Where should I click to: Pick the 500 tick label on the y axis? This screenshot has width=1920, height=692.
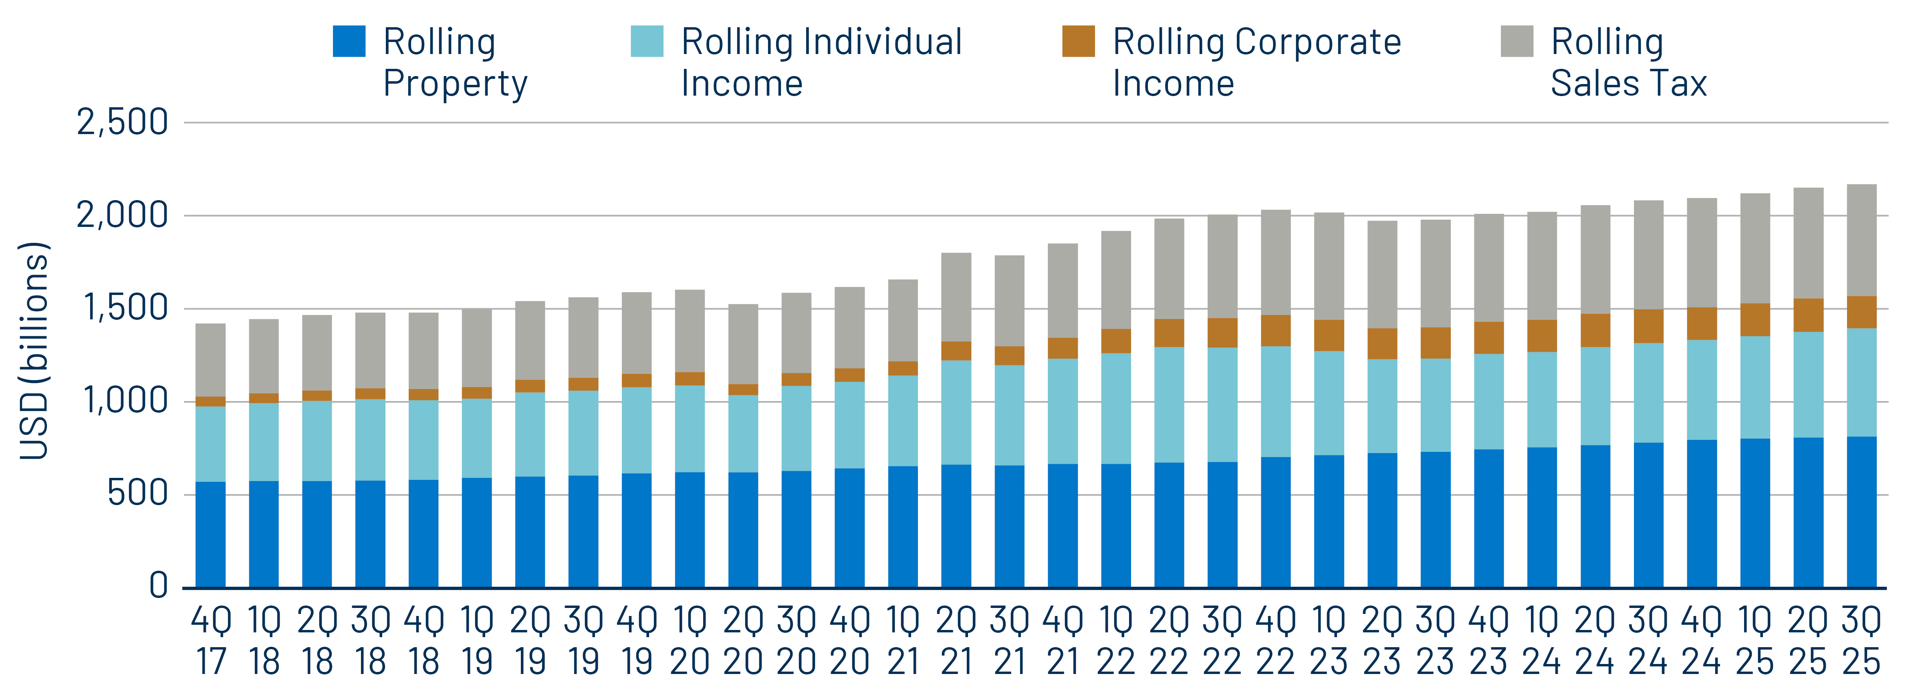pyautogui.click(x=138, y=494)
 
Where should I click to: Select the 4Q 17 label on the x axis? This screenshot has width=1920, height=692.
pyautogui.click(x=211, y=641)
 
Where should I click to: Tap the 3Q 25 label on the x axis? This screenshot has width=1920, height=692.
pyautogui.click(x=1861, y=641)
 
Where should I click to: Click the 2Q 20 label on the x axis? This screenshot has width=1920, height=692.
pyautogui.click(x=743, y=641)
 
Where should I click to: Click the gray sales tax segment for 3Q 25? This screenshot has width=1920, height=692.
pyautogui.click(x=1861, y=240)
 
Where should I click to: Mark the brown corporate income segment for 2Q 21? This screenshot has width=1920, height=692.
pyautogui.click(x=956, y=351)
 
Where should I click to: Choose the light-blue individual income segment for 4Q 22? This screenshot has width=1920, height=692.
pyautogui.click(x=1275, y=401)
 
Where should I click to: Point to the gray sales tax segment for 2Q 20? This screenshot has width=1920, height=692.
pyautogui.click(x=743, y=344)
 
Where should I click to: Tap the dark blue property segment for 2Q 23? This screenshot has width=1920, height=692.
pyautogui.click(x=1382, y=520)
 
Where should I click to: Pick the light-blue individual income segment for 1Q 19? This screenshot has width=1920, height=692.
pyautogui.click(x=477, y=438)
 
